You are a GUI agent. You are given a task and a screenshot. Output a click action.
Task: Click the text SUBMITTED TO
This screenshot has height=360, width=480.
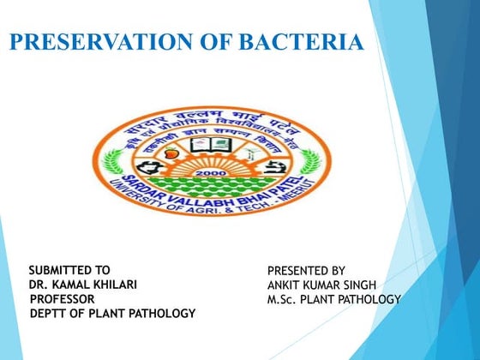pyautogui.click(x=69, y=269)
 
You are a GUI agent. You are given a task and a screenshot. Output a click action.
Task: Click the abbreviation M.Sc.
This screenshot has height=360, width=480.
pyautogui.click(x=285, y=299)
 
